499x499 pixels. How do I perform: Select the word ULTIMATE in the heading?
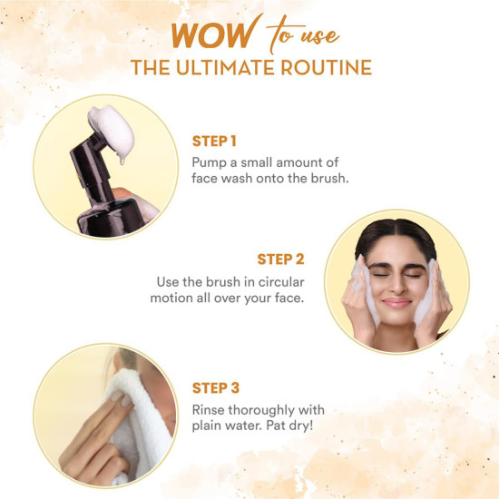click(x=236, y=68)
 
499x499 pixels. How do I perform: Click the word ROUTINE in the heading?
click(x=328, y=68)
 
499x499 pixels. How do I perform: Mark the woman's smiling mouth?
click(x=396, y=300)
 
